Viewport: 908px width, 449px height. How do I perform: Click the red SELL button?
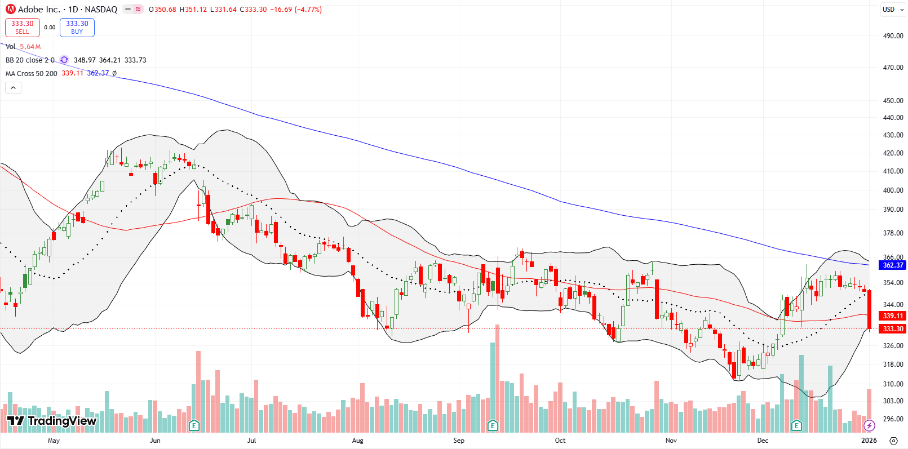(22, 28)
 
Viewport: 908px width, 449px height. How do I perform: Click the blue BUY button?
(77, 28)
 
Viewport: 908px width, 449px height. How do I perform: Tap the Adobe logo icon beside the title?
(10, 9)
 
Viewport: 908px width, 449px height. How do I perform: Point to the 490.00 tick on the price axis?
(893, 35)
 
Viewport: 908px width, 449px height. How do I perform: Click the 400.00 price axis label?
(893, 190)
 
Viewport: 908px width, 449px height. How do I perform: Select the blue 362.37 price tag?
(893, 265)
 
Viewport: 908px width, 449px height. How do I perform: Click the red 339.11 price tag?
(893, 316)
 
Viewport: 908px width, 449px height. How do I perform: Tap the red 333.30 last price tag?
(893, 328)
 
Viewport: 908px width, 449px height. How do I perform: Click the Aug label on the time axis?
(357, 441)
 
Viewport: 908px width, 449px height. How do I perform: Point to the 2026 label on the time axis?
(869, 441)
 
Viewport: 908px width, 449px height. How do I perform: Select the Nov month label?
(671, 441)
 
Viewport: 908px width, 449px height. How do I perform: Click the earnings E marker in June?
(194, 425)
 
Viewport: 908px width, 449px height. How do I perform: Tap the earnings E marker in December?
(796, 425)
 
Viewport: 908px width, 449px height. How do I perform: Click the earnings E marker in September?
(493, 425)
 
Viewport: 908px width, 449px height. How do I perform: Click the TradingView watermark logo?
(52, 421)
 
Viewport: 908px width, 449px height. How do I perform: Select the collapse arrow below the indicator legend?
(13, 87)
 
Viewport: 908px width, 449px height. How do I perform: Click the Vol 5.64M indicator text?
(23, 47)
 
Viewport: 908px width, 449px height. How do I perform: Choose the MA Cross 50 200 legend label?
(32, 74)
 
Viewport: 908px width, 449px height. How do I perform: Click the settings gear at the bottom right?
(893, 441)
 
